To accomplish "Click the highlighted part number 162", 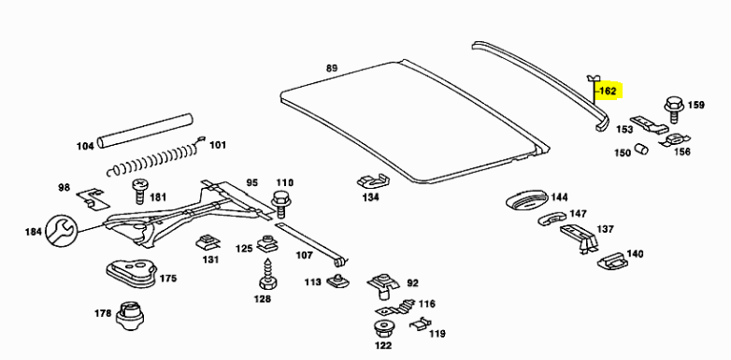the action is [x=608, y=91].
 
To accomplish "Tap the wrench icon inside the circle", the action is [x=61, y=231].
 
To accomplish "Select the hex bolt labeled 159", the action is [x=673, y=109].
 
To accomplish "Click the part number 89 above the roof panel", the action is [x=331, y=68].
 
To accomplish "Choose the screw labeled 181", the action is [x=140, y=191].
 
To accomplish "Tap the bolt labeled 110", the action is [x=280, y=204].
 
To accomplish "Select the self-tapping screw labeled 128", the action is [x=268, y=275].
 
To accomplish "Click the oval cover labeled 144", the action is [x=527, y=201].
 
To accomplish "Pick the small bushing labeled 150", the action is [x=642, y=149].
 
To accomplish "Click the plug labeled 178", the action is [x=129, y=316].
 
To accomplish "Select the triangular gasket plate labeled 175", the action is [x=132, y=272].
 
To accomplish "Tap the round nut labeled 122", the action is [x=383, y=329].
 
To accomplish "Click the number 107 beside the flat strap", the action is [x=305, y=255].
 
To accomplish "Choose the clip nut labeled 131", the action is [x=208, y=242].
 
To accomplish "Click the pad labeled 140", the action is [x=612, y=261].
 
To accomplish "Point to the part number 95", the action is [x=251, y=182].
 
